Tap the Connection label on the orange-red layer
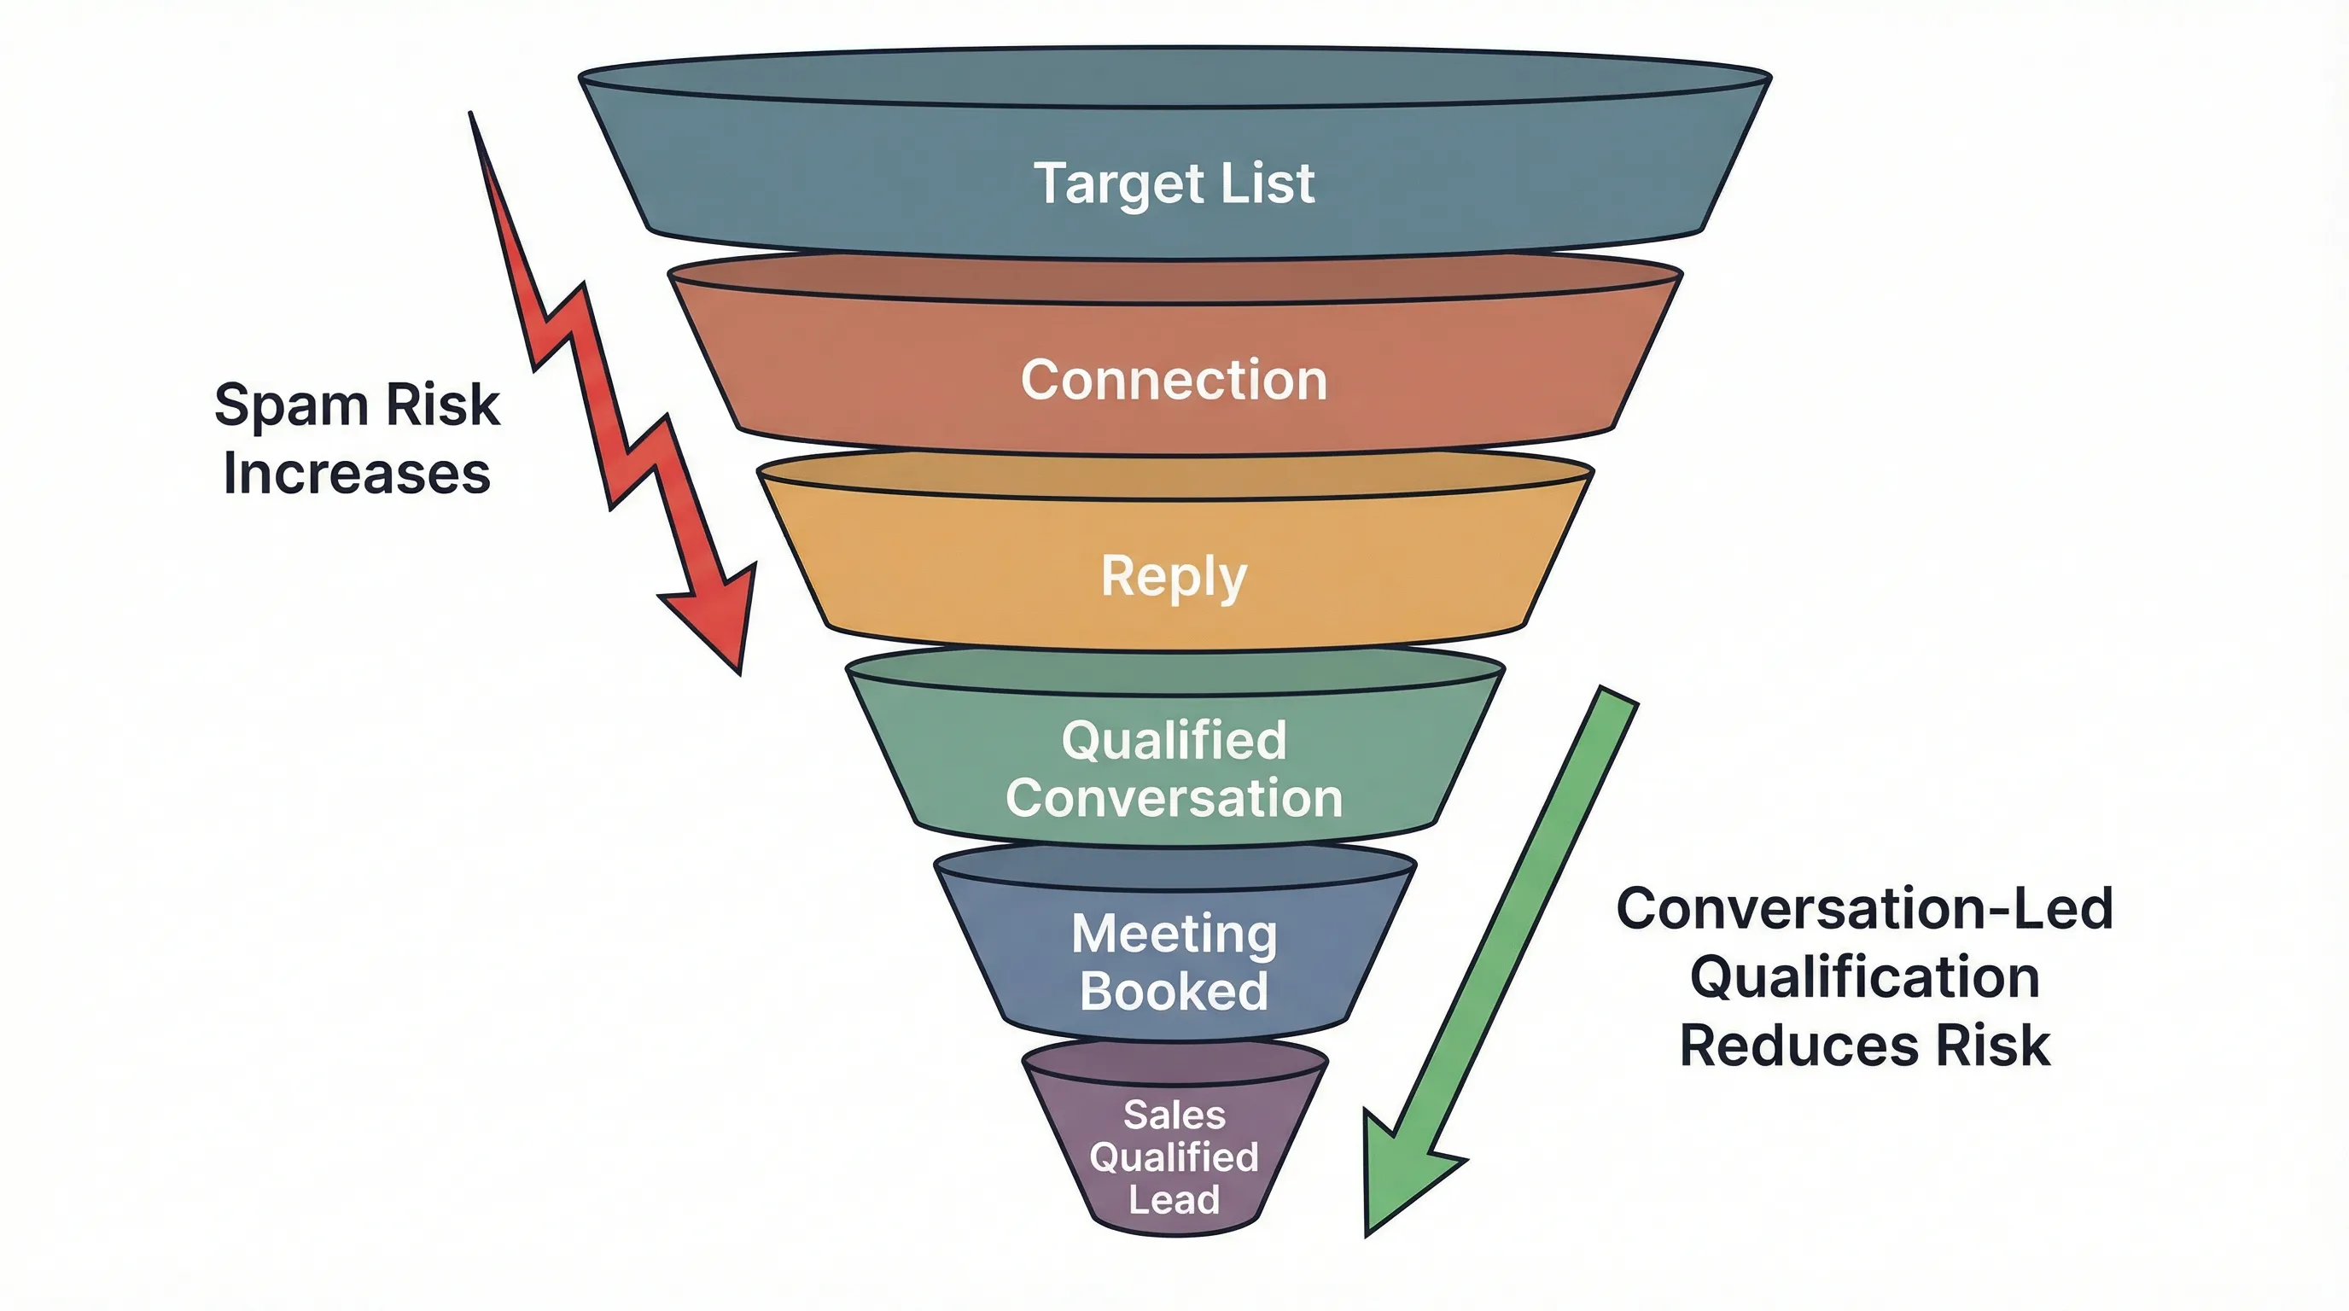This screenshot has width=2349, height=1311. point(1174,379)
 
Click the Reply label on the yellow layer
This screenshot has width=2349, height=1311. point(1174,577)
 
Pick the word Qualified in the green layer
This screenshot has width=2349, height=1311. point(1174,739)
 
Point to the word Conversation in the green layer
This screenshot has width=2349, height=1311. point(1174,798)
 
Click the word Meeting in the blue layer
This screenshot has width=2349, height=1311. point(1174,934)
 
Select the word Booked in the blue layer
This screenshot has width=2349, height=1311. point(1174,991)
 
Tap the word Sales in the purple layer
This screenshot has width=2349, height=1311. point(1174,1114)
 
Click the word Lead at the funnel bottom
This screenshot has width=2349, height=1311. point(1174,1199)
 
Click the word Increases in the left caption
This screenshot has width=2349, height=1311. point(357,473)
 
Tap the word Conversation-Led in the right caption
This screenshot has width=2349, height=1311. point(1864,908)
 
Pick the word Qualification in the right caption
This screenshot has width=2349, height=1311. point(1864,976)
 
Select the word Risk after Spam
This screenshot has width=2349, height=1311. point(442,404)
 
